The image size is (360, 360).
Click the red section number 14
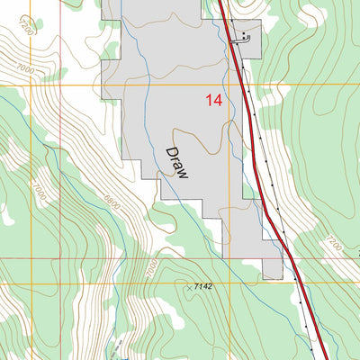point(214,102)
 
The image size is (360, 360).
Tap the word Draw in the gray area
point(177,163)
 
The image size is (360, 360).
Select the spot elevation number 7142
point(202,285)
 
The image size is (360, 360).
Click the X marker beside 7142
point(188,286)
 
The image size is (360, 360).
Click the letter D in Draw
point(170,152)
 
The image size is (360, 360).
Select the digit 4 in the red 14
point(219,102)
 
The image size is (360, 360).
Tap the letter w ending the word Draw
point(184,175)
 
